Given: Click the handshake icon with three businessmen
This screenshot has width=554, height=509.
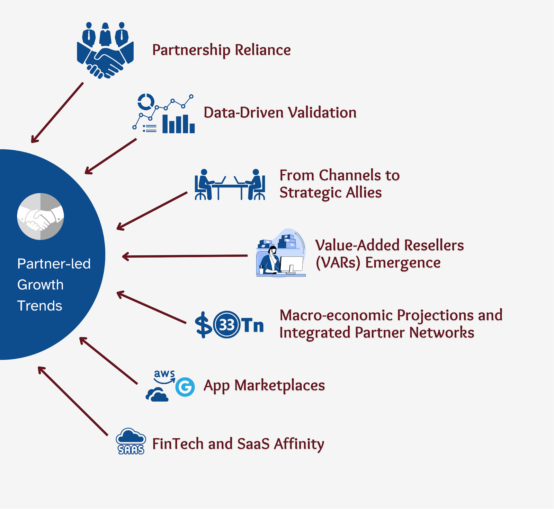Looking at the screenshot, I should pyautogui.click(x=105, y=50).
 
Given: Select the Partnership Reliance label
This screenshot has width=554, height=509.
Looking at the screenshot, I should pyautogui.click(x=221, y=50).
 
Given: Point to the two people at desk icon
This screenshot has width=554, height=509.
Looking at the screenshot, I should pyautogui.click(x=230, y=185).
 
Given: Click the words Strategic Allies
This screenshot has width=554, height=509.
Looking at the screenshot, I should pyautogui.click(x=330, y=193).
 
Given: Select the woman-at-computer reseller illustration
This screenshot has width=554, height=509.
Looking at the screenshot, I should pyautogui.click(x=281, y=253).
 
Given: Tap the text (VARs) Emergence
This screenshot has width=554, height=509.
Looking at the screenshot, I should pyautogui.click(x=378, y=263).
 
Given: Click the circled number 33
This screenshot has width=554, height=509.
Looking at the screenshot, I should pyautogui.click(x=227, y=325).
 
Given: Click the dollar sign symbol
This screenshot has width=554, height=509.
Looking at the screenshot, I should pyautogui.click(x=203, y=325).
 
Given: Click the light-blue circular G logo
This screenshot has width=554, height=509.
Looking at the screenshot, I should pyautogui.click(x=185, y=387).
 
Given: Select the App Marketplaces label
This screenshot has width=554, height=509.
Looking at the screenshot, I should pyautogui.click(x=264, y=385).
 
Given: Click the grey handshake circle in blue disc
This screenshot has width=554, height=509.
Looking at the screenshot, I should pyautogui.click(x=41, y=217).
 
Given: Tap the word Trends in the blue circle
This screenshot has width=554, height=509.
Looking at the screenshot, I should pyautogui.click(x=40, y=306).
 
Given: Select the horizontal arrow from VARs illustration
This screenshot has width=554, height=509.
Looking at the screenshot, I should pyautogui.click(x=185, y=256).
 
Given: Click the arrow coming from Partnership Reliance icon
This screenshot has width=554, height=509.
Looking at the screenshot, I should pyautogui.click(x=57, y=112).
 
